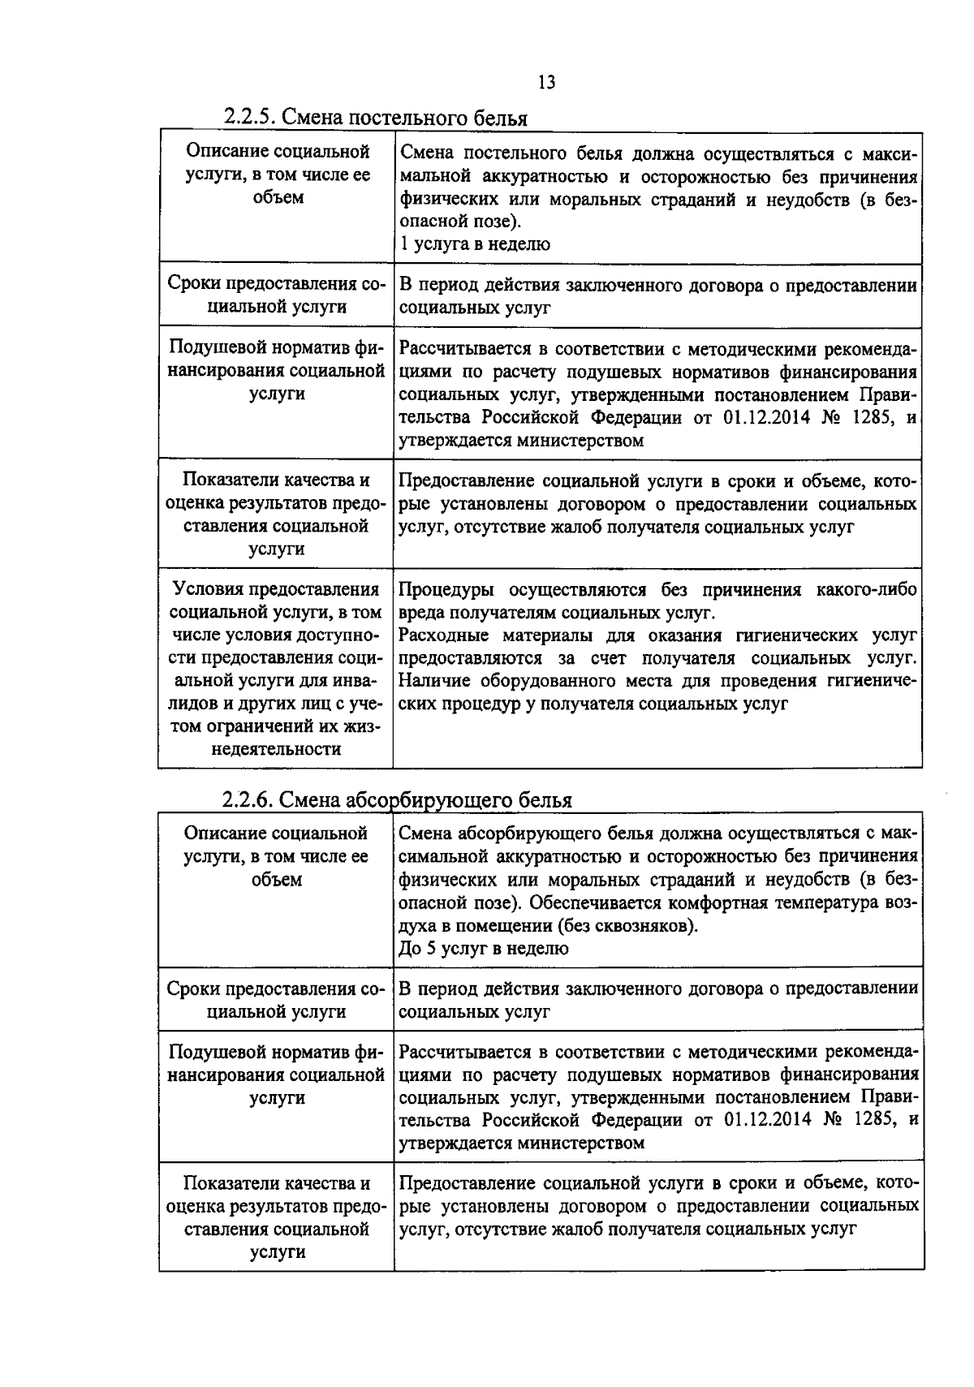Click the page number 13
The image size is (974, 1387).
coord(545,82)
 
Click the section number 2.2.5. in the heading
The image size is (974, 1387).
coord(251,118)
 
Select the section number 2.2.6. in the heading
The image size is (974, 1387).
coord(250,800)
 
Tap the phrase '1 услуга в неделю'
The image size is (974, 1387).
coord(476,244)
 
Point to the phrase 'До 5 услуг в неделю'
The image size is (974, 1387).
coord(484,948)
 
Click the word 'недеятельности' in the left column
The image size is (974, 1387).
coord(276,749)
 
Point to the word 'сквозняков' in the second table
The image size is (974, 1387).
coord(648,925)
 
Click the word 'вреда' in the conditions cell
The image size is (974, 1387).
coord(422,613)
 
